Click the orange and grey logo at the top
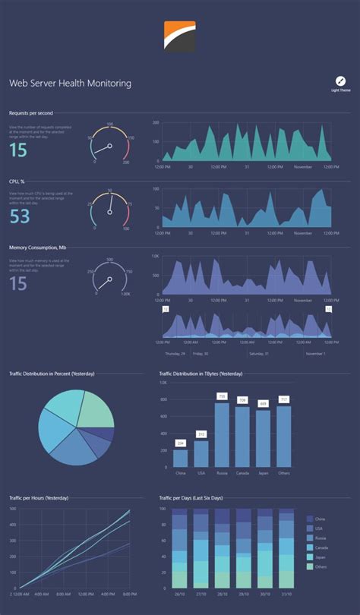[x=179, y=36]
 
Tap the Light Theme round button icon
[x=340, y=80]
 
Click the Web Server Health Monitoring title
[x=70, y=83]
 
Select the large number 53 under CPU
[x=20, y=217]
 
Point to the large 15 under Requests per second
[x=18, y=150]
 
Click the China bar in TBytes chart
[x=180, y=458]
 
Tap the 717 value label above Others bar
[x=284, y=399]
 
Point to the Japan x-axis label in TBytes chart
[x=263, y=472]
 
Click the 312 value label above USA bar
[x=201, y=434]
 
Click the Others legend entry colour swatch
[x=308, y=566]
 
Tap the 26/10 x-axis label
[x=179, y=594]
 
